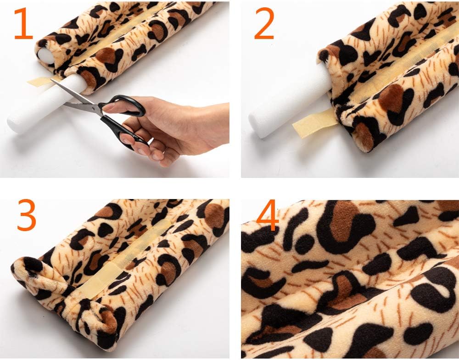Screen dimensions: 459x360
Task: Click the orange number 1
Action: click(23, 23)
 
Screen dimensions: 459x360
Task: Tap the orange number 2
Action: click(264, 23)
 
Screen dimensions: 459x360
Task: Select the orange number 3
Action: click(27, 215)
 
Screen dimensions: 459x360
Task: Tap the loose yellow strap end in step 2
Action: click(315, 123)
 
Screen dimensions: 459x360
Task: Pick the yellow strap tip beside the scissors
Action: click(41, 81)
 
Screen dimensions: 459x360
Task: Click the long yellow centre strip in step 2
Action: click(398, 67)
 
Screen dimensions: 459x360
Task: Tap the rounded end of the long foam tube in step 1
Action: click(15, 123)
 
